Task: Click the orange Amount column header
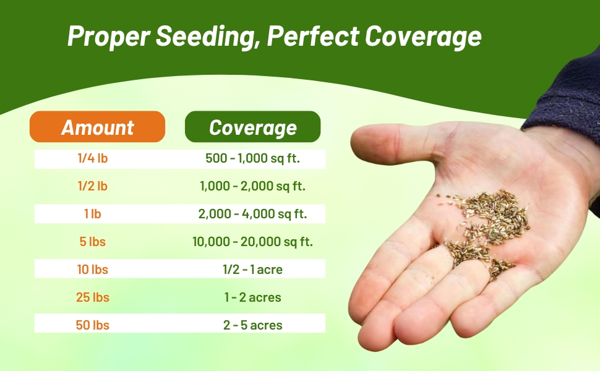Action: pyautogui.click(x=97, y=127)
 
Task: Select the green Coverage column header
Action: pyautogui.click(x=252, y=127)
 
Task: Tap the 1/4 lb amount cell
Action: pyautogui.click(x=93, y=158)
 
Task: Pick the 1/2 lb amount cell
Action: pyautogui.click(x=93, y=186)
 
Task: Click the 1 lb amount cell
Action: pyautogui.click(x=93, y=214)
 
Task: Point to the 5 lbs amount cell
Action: pyautogui.click(x=93, y=242)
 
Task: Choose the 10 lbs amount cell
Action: pyautogui.click(x=93, y=270)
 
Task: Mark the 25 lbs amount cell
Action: pyautogui.click(x=93, y=297)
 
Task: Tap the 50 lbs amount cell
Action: pyautogui.click(x=93, y=325)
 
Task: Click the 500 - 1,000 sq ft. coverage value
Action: pyautogui.click(x=252, y=158)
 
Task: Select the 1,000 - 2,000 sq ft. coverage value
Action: pyautogui.click(x=252, y=186)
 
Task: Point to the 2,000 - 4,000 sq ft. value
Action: pyautogui.click(x=252, y=214)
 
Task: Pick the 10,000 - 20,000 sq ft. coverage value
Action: pyautogui.click(x=252, y=242)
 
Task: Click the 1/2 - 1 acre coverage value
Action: pyautogui.click(x=252, y=270)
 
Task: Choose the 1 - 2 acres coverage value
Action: pyautogui.click(x=252, y=297)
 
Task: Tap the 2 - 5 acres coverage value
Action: pyautogui.click(x=252, y=325)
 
